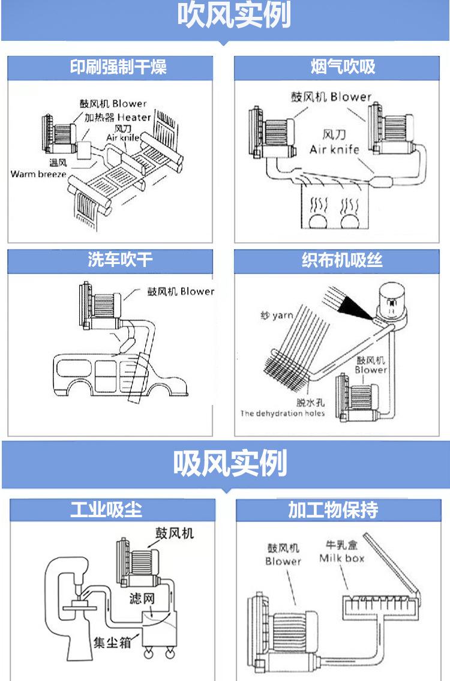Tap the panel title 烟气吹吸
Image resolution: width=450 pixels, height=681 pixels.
click(x=343, y=67)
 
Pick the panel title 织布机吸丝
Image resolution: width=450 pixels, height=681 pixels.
click(x=342, y=260)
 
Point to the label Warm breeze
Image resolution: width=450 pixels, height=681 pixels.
click(x=38, y=174)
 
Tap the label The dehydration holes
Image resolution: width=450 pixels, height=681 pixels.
click(x=283, y=413)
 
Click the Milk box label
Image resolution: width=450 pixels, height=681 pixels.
click(x=341, y=559)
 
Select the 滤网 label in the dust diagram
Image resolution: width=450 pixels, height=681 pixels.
click(x=142, y=599)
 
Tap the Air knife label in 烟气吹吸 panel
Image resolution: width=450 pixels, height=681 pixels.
click(x=334, y=149)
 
